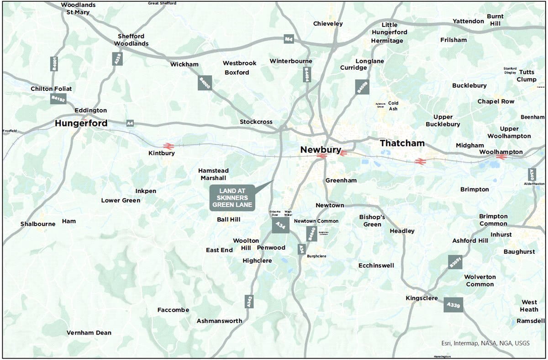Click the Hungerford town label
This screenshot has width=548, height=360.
81,123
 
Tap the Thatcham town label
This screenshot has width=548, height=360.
402,143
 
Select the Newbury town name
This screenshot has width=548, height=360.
321,150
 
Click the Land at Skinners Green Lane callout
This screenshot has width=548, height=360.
232,198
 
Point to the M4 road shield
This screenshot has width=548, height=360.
288,39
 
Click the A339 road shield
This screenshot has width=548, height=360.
453,305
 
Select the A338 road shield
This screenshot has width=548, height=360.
117,58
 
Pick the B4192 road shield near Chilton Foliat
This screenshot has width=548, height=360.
58,98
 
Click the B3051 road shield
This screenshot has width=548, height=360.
455,262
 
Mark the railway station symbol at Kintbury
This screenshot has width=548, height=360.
168,146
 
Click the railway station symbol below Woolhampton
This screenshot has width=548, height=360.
501,157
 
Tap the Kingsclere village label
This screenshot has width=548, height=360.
422,298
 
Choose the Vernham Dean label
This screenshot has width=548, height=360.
89,333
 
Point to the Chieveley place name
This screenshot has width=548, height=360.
328,24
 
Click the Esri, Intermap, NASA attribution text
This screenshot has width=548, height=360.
485,343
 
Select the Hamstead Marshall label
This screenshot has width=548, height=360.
213,174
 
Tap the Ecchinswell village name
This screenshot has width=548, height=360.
376,266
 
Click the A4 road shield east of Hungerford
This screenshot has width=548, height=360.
130,123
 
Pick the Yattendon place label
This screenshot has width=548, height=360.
468,21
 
